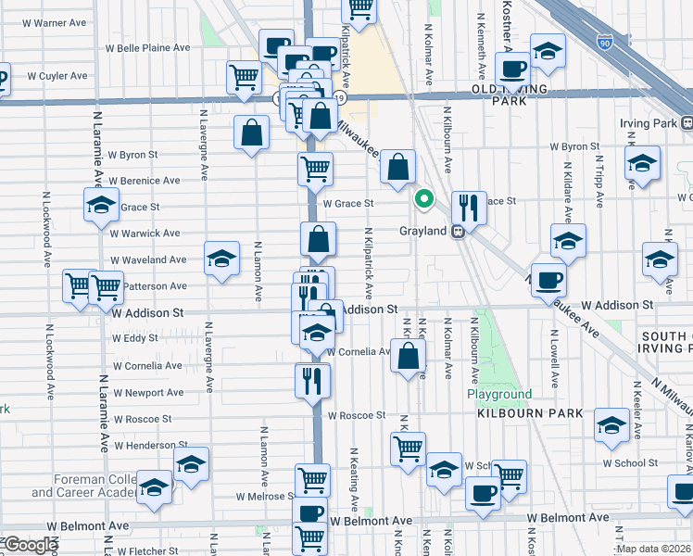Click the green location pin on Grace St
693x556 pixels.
424,198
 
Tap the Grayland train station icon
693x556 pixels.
458,232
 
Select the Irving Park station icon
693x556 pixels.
687,123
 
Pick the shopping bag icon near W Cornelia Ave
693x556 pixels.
408,355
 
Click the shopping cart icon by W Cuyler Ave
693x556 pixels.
244,76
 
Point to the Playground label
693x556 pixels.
498,394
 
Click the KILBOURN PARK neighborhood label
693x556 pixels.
530,413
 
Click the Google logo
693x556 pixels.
31,545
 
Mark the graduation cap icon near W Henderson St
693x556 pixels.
192,462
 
